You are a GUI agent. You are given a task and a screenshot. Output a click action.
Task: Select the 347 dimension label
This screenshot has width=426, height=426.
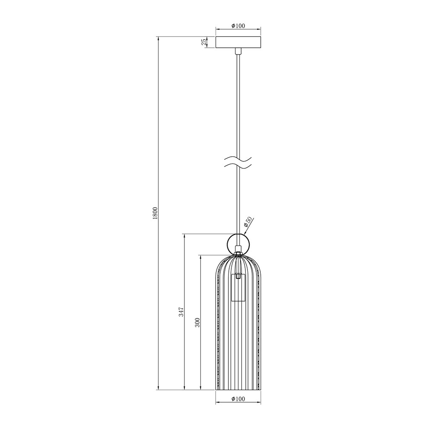tap(182, 312)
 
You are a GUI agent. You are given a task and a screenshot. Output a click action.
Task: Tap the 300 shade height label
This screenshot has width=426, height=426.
tap(198, 322)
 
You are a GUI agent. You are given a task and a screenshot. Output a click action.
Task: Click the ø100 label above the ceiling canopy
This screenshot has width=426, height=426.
tap(238, 26)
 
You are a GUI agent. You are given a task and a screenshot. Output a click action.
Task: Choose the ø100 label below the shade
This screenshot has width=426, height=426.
tap(238, 399)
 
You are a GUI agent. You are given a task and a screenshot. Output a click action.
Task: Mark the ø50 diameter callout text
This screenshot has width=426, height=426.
tap(248, 222)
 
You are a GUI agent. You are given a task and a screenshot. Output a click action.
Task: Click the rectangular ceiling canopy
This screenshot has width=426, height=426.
tap(238, 42)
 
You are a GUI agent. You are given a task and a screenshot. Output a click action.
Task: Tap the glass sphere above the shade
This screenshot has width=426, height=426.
tap(238, 244)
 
